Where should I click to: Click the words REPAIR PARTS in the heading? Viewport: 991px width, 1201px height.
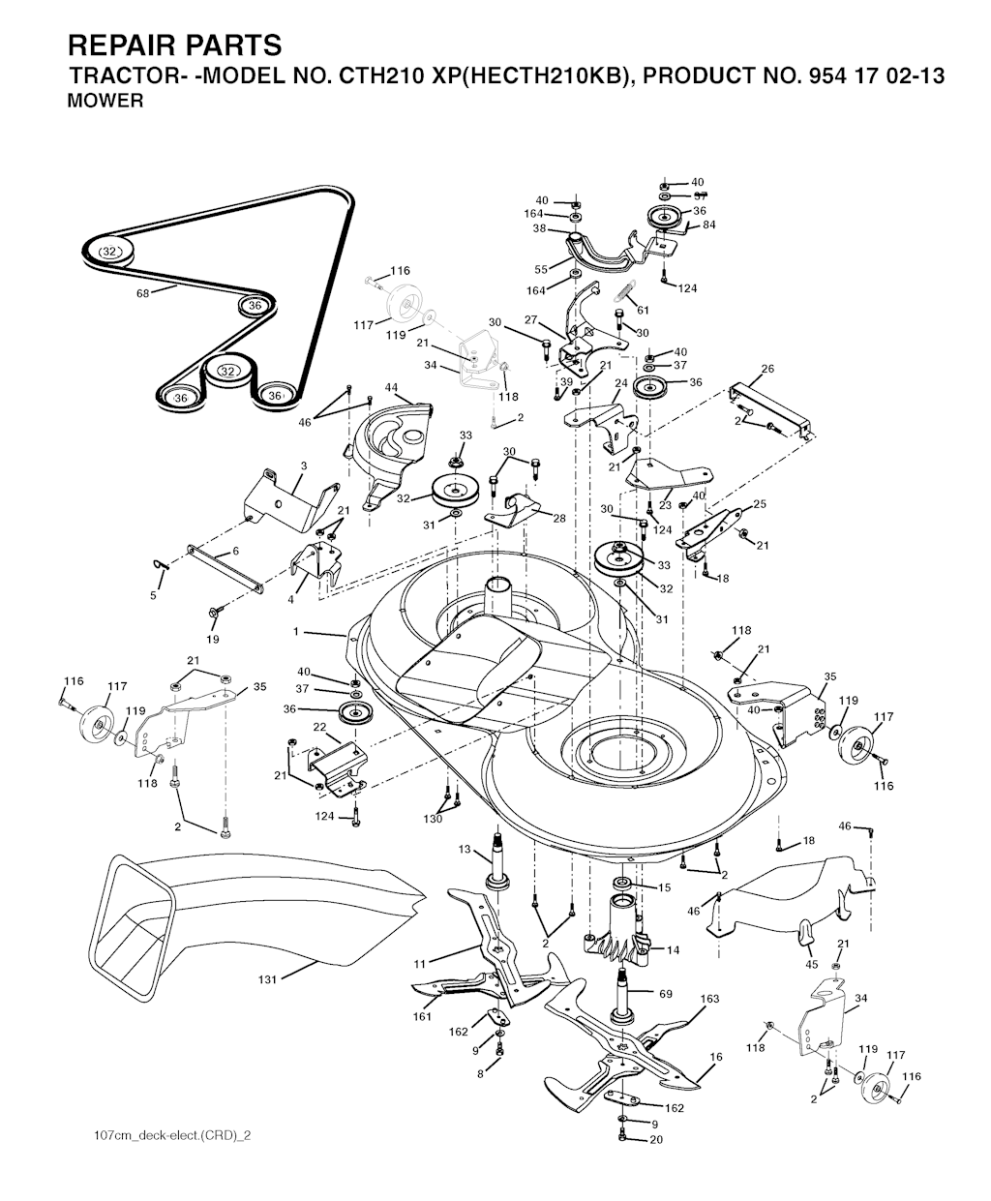tap(175, 45)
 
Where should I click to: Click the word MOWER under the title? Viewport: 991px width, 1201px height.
tap(105, 101)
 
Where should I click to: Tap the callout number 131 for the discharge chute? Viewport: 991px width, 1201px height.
tap(267, 979)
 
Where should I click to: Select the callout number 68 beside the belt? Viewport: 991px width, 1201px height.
tap(142, 293)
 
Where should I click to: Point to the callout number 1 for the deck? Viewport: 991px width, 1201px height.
tap(296, 632)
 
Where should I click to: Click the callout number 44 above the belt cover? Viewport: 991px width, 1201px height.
tap(391, 388)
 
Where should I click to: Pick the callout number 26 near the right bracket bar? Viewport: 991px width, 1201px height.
tap(767, 369)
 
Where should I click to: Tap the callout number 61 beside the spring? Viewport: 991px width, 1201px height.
tap(643, 310)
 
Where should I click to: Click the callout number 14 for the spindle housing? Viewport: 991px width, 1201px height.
tap(673, 950)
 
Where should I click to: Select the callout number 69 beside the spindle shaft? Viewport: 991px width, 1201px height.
tap(666, 994)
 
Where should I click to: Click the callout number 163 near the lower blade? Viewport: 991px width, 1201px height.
tap(709, 999)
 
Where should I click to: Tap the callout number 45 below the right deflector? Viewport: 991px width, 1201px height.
tap(811, 965)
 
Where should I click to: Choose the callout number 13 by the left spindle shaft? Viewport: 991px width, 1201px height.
tap(465, 849)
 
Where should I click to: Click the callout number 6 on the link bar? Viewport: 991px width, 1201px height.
tap(235, 551)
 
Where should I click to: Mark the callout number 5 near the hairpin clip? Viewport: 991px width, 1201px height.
tap(154, 595)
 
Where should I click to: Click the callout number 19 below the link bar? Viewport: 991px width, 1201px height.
tap(213, 639)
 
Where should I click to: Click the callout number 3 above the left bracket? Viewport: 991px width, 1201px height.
tap(304, 465)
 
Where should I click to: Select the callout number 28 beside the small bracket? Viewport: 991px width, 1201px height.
tap(559, 518)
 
